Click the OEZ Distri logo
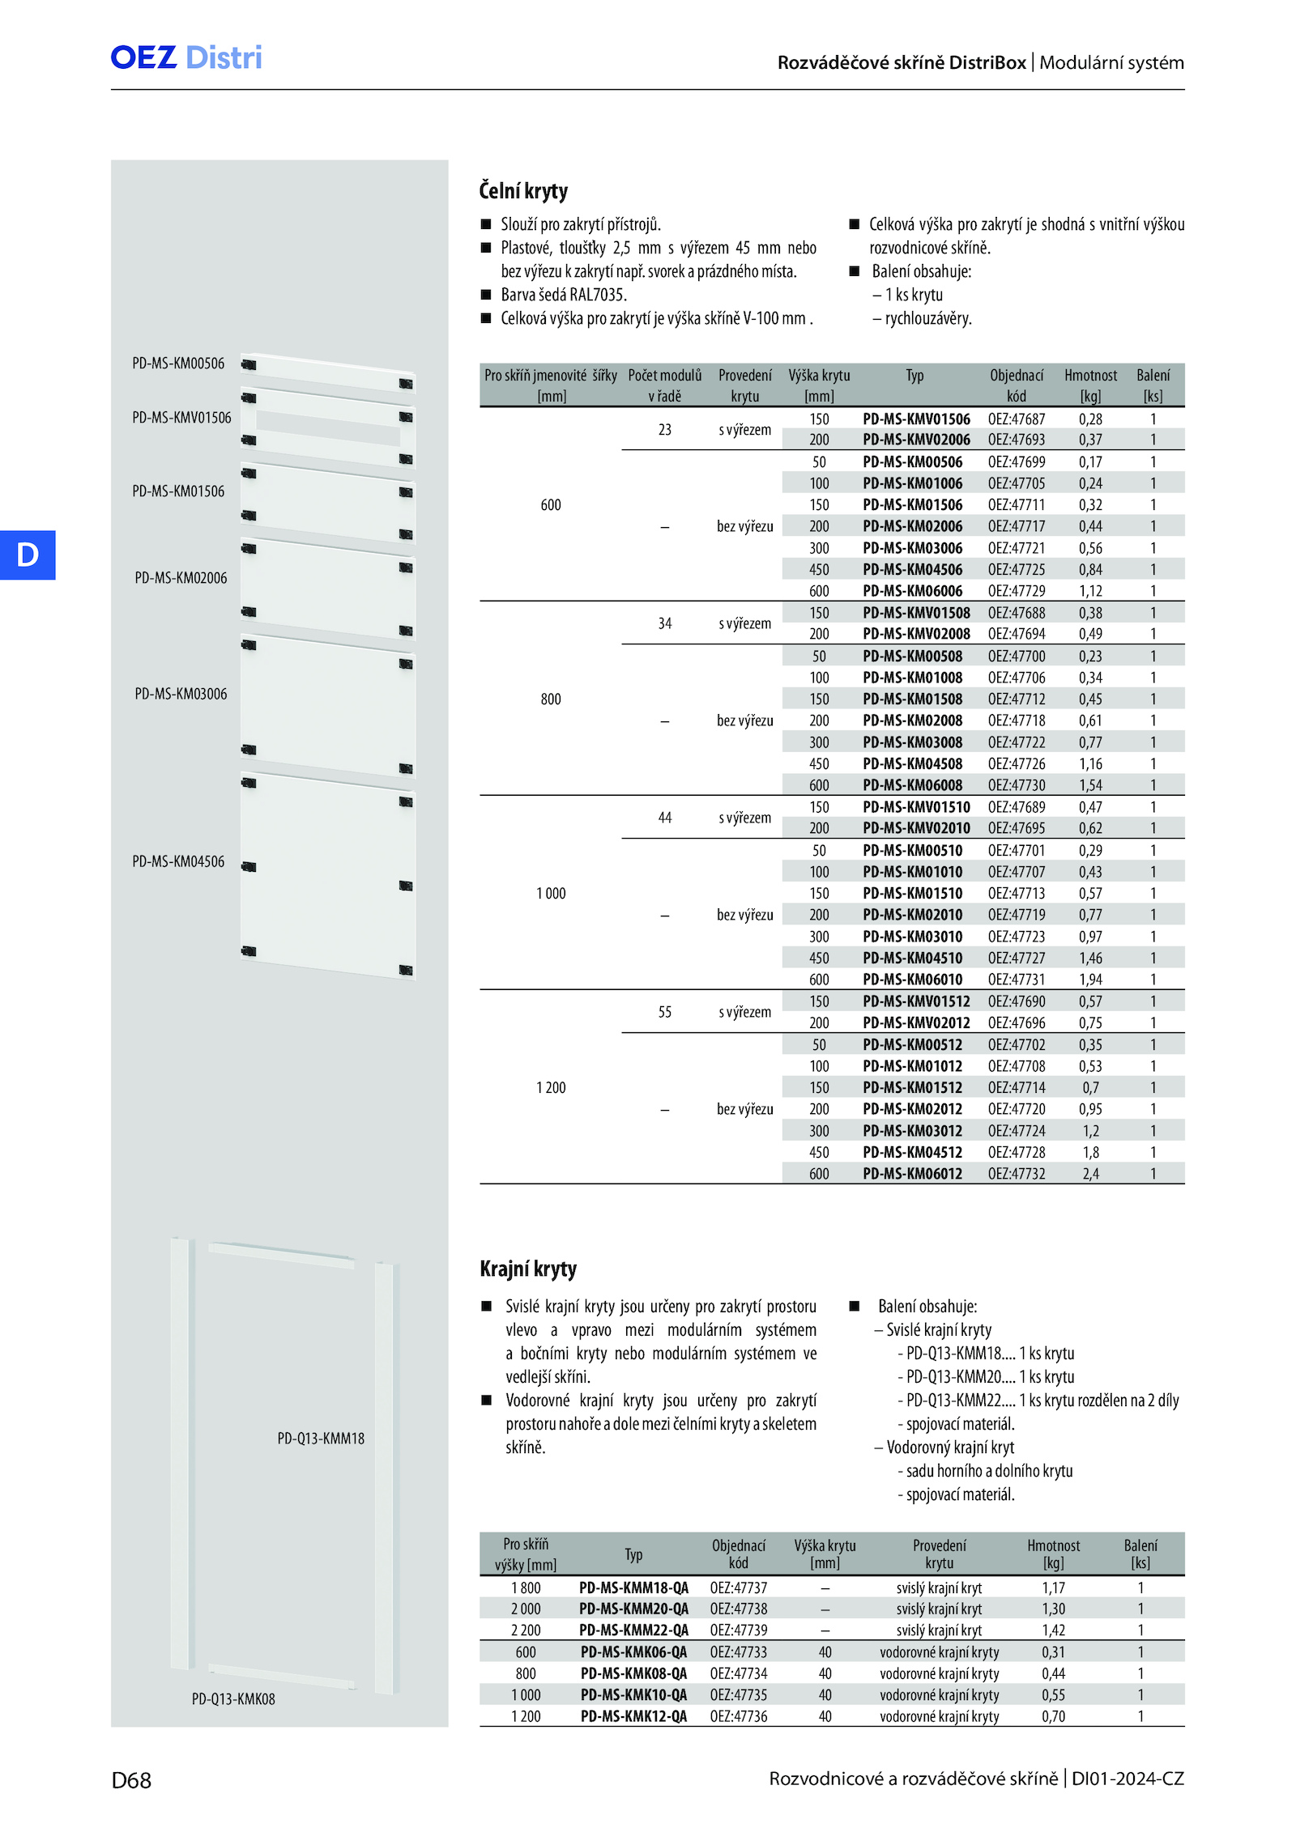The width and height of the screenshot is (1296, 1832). coord(186,57)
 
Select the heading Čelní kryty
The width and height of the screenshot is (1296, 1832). coord(523,191)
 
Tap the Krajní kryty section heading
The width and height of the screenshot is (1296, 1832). coord(528,1269)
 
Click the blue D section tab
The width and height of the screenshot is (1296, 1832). coord(28,555)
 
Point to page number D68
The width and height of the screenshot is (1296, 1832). coord(131,1780)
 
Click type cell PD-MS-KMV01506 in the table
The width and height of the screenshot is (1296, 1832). coord(916,419)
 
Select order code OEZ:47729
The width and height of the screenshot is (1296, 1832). coord(1017,592)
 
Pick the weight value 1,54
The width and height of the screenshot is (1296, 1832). coord(1090,785)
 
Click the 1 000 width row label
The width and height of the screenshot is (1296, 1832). coord(551,894)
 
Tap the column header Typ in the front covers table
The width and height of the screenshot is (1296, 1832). coord(914,376)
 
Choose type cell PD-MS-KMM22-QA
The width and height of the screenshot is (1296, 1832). coord(633,1630)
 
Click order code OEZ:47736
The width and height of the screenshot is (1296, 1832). coord(739,1716)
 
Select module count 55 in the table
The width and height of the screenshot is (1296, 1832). coord(665,1012)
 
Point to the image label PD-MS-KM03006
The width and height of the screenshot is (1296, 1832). coord(181,694)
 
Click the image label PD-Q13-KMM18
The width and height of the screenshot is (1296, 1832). coord(321,1439)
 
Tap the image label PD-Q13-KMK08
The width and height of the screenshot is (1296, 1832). coord(233,1699)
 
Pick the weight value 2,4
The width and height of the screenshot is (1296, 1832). coord(1090,1174)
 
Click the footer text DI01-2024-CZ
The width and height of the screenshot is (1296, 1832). coord(1128,1779)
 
